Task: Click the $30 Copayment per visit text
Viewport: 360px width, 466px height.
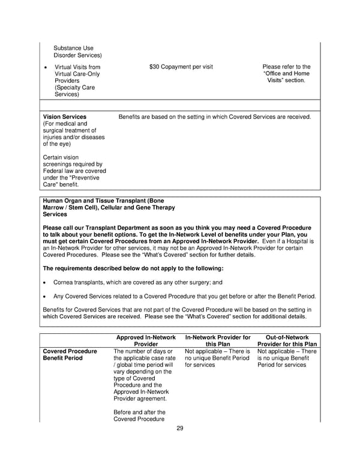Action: tap(181, 67)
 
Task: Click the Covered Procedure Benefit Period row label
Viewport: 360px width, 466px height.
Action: tap(70, 354)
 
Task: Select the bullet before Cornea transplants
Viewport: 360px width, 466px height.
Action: tap(46, 282)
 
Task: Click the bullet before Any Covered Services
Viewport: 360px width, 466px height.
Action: tap(46, 296)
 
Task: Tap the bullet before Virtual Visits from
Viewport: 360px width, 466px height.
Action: tap(46, 67)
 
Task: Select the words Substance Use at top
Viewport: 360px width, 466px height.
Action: tap(73, 48)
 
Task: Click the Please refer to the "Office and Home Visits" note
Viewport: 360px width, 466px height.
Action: tap(287, 73)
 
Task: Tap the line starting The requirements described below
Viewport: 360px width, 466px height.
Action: tap(133, 268)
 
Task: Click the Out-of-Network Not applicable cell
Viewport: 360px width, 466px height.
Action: tap(287, 358)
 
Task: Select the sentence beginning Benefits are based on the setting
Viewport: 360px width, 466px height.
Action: tap(215, 116)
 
